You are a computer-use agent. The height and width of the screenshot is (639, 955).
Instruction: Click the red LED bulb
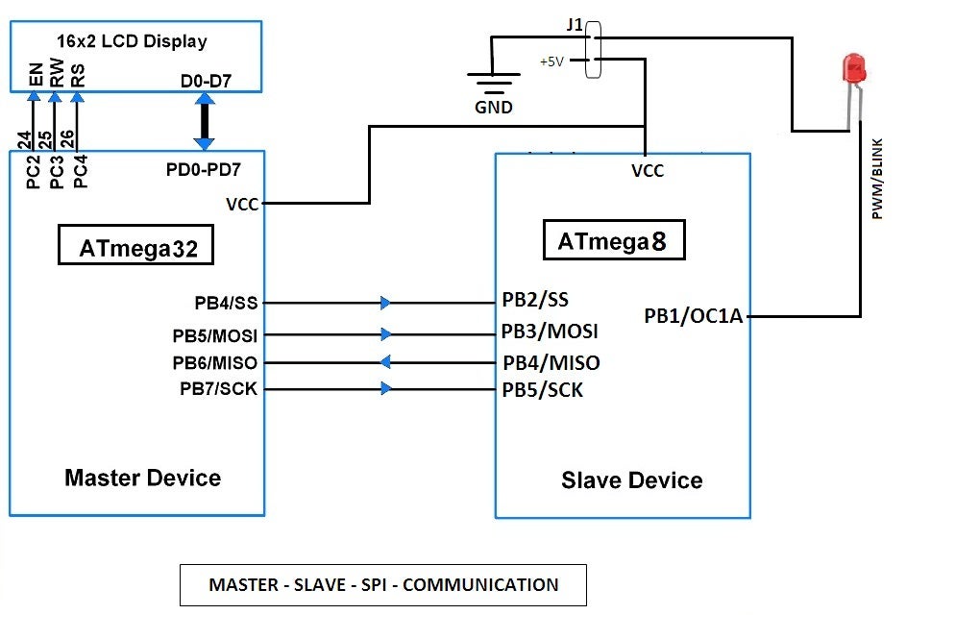pos(853,69)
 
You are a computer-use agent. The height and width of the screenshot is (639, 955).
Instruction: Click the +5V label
pos(551,61)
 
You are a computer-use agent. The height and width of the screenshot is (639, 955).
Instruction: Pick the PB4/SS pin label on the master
pos(226,303)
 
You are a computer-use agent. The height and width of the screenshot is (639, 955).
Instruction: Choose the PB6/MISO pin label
pos(214,362)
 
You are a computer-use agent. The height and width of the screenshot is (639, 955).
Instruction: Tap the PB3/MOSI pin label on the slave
pos(550,332)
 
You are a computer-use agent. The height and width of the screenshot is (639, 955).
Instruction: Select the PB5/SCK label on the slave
pos(542,390)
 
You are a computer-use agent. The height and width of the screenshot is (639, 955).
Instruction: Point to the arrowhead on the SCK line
pos(385,389)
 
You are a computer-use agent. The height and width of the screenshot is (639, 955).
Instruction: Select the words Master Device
pos(142,478)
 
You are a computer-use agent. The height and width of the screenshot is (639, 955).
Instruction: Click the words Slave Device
pos(631,480)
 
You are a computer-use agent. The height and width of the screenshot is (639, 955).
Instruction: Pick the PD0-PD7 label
pos(203,169)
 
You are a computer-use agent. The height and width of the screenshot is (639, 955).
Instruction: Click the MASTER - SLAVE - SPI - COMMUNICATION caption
pos(383,584)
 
